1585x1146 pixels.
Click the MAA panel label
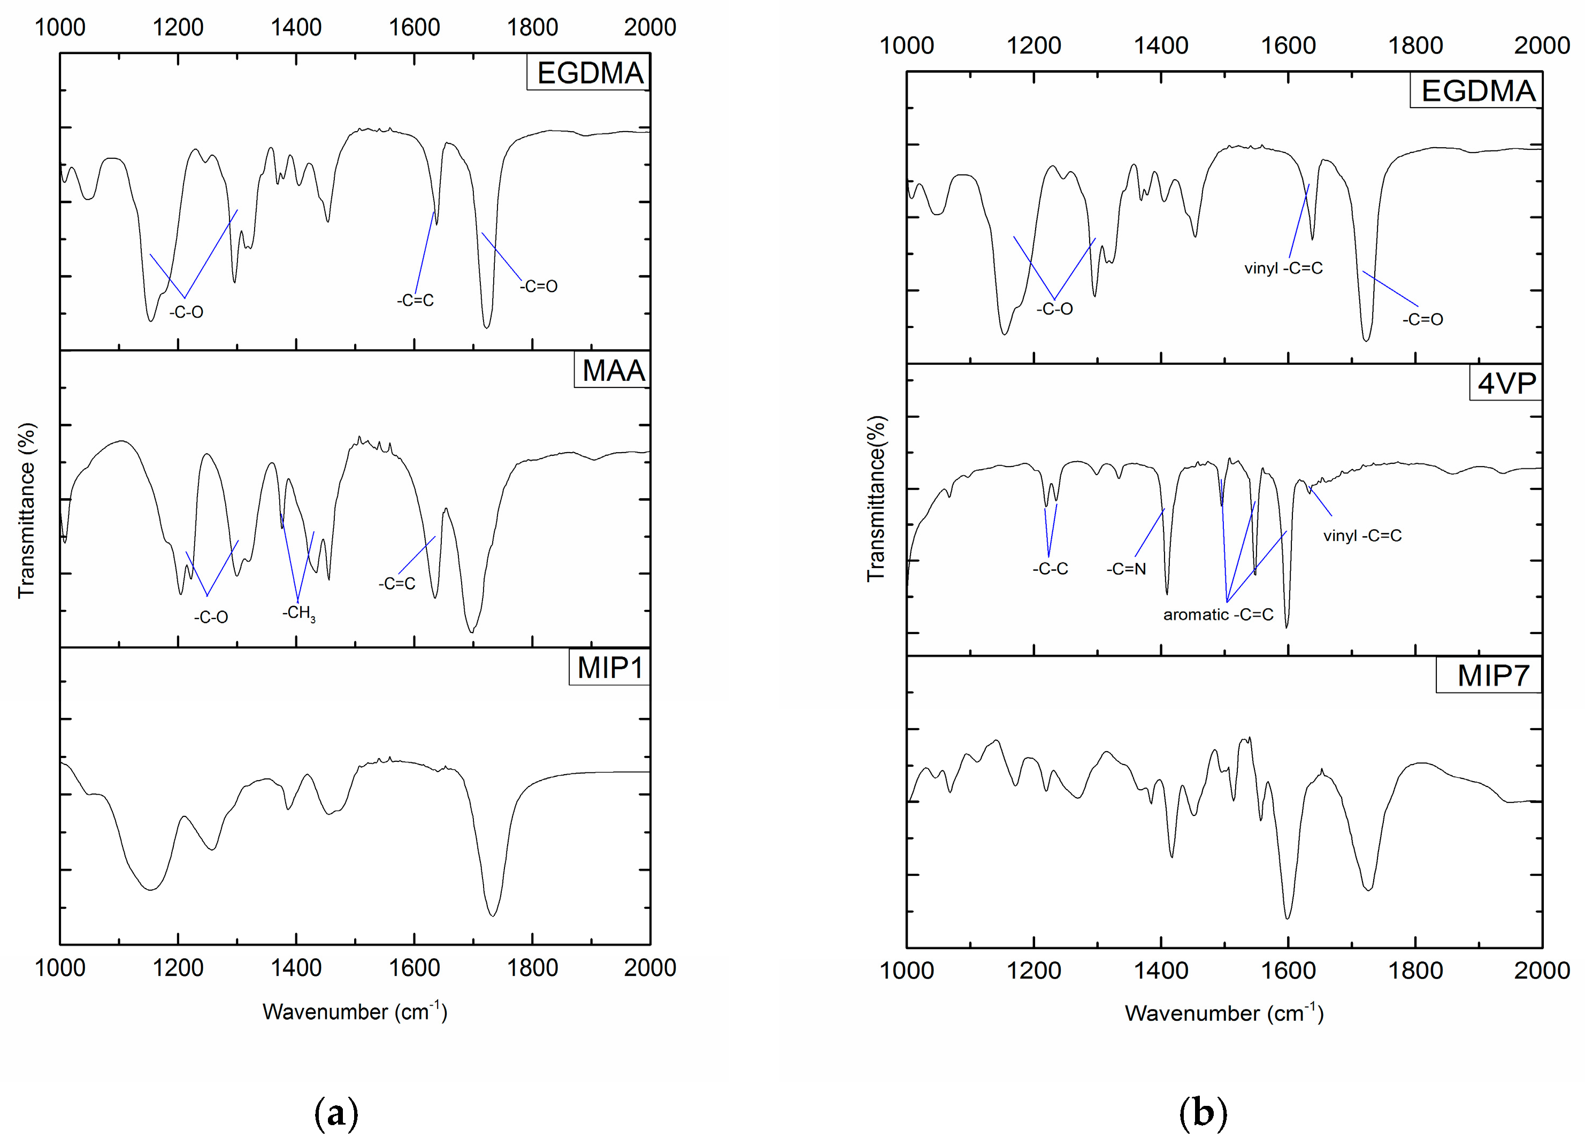pos(613,370)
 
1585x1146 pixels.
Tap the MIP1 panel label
pos(609,668)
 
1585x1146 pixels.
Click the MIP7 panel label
pos(1494,676)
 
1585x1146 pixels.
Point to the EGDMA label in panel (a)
pos(589,73)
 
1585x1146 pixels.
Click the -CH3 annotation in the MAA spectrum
pos(298,614)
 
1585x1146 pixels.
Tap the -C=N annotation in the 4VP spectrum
pos(1126,569)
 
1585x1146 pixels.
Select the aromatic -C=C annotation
pos(1218,615)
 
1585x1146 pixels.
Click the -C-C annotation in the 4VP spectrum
pos(1051,569)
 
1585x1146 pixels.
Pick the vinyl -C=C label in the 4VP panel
pos(1362,536)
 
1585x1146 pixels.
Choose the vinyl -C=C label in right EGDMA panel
pos(1283,269)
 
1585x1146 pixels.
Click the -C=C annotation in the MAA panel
pos(396,584)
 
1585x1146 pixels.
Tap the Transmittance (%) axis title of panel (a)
pos(27,510)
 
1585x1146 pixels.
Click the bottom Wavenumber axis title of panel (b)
pos(1224,1013)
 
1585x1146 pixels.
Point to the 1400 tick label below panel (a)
pos(296,968)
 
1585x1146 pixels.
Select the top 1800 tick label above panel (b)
pos(1415,46)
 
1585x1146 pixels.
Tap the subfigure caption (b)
pos(1203,1114)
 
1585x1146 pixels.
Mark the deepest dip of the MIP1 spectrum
pos(493,915)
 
